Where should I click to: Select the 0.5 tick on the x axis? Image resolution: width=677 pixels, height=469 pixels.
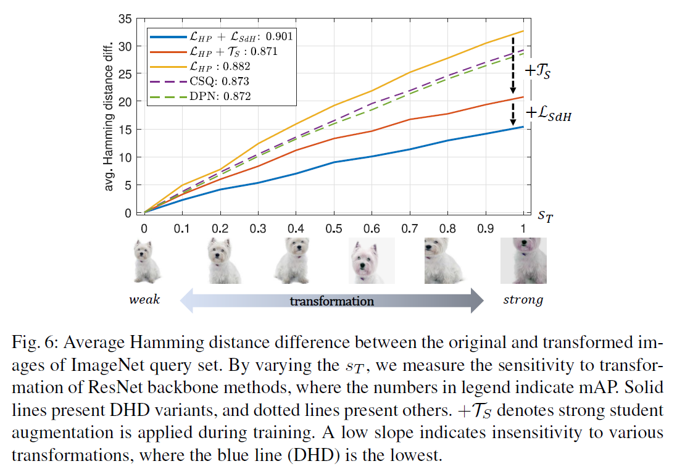click(x=334, y=228)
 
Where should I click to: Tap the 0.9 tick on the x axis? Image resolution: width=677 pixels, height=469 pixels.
click(x=486, y=228)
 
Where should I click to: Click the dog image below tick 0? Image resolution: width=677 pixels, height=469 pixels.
click(x=146, y=262)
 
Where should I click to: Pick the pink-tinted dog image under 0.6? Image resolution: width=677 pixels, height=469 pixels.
click(x=371, y=262)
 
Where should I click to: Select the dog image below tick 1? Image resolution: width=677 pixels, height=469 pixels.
click(x=523, y=262)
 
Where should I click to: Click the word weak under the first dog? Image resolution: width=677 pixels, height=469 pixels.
click(x=144, y=301)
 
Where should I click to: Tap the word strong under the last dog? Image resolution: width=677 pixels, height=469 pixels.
click(x=523, y=301)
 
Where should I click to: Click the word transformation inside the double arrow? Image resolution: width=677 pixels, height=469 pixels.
click(x=332, y=301)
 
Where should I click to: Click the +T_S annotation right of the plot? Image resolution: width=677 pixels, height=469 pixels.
click(x=538, y=70)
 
